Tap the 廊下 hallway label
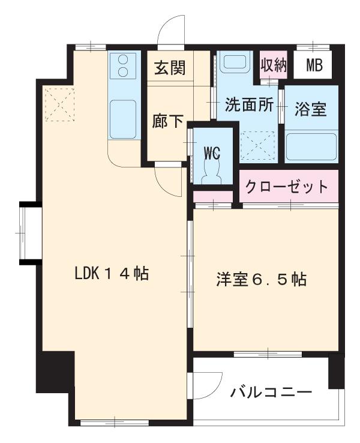(168, 121)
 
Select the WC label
(212, 153)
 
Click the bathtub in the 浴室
(311, 146)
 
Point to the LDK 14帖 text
(112, 274)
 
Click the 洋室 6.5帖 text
(262, 280)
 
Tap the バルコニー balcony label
(271, 393)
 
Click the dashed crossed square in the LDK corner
(59, 104)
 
